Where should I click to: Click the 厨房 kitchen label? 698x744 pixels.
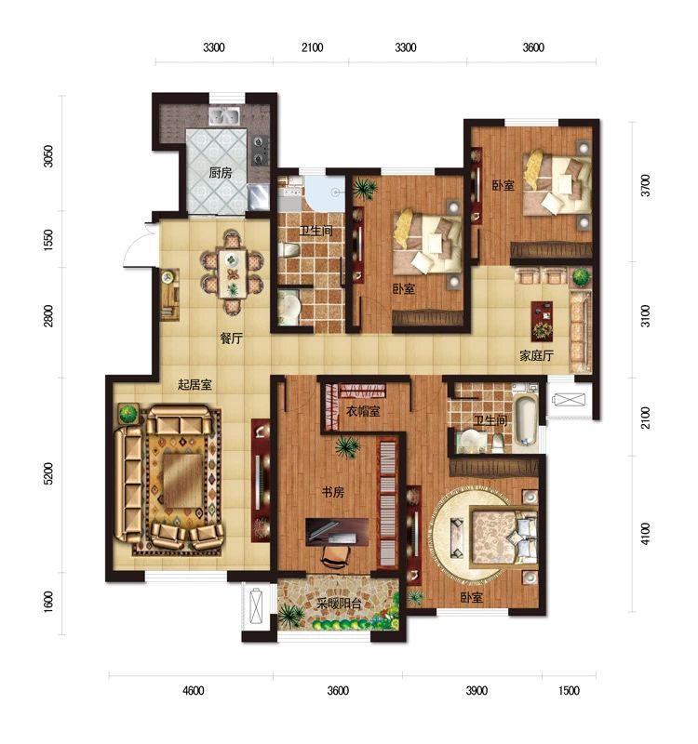(x=221, y=173)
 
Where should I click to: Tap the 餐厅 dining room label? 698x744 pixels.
(x=231, y=339)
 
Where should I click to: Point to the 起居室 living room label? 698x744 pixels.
(x=195, y=384)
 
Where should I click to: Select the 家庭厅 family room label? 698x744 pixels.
(x=537, y=355)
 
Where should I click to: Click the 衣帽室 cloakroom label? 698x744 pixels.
(x=363, y=411)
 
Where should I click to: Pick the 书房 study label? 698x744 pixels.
(x=333, y=492)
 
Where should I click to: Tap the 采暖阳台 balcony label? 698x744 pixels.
(x=340, y=604)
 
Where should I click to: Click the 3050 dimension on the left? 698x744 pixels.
(x=48, y=156)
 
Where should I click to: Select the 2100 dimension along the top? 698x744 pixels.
(x=313, y=47)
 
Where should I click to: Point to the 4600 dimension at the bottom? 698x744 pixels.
(x=194, y=690)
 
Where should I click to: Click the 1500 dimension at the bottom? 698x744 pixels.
(x=569, y=690)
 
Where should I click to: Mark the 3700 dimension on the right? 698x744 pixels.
(x=645, y=185)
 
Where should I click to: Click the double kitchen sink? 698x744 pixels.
(x=224, y=116)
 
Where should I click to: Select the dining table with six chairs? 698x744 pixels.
(x=232, y=273)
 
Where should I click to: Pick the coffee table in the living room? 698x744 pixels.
(x=182, y=481)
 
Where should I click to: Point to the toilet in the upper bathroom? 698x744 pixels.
(x=289, y=249)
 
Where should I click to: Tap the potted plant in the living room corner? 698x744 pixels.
(x=128, y=414)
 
